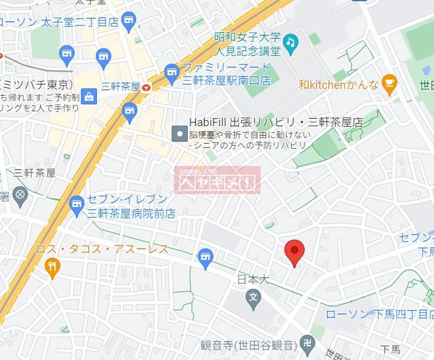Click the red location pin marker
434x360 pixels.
294,252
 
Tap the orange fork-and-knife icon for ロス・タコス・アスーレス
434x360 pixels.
53,267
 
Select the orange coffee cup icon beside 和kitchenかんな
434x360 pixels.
389,84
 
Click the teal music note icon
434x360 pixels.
290,42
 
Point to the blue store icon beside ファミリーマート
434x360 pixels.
172,73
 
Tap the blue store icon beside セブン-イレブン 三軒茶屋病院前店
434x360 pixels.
76,203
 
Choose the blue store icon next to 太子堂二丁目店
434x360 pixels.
129,21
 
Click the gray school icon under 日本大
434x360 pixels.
252,297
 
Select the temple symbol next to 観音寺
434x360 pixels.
307,344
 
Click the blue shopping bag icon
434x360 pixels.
90,96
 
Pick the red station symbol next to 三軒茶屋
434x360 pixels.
146,88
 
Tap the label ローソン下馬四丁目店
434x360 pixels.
379,315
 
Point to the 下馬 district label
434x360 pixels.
390,349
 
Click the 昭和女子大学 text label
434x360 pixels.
247,38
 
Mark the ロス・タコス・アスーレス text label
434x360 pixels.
102,249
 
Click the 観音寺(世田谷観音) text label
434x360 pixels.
247,345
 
